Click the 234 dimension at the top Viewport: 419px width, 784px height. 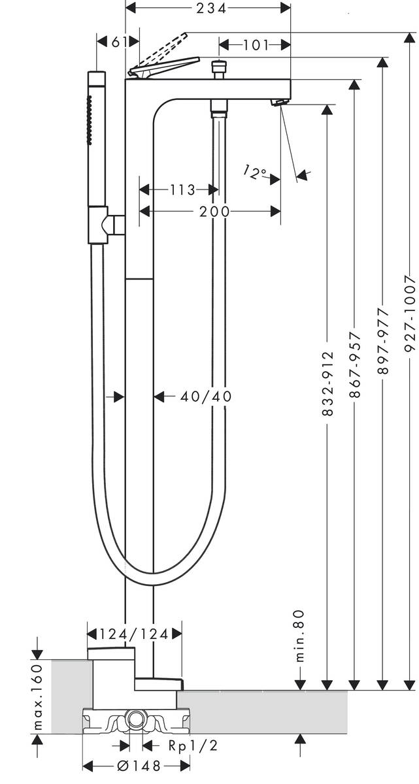pos(211,8)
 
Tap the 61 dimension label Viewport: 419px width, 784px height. pos(119,42)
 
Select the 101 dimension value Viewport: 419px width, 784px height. pos(256,45)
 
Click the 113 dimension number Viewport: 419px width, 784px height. pos(183,190)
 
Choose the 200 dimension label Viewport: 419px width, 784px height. pos(214,212)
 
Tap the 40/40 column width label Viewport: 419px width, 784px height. pos(206,396)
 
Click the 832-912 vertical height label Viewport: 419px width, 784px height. pos(327,384)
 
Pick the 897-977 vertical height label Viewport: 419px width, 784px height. pos(383,341)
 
